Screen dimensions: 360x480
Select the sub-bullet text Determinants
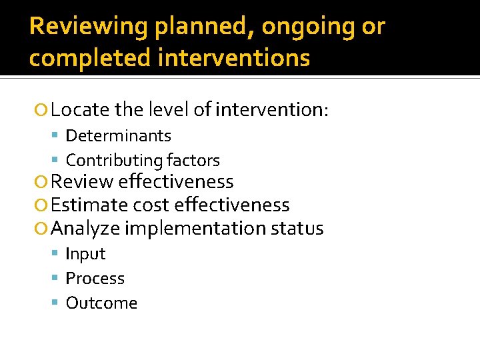click(x=118, y=136)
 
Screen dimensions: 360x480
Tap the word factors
click(x=193, y=161)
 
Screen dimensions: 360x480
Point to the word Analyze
click(x=85, y=229)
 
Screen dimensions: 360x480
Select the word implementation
click(x=195, y=229)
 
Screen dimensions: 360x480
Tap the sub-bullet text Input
click(x=85, y=254)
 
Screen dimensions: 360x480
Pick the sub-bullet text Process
click(x=95, y=279)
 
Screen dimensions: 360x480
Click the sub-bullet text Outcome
click(x=101, y=303)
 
